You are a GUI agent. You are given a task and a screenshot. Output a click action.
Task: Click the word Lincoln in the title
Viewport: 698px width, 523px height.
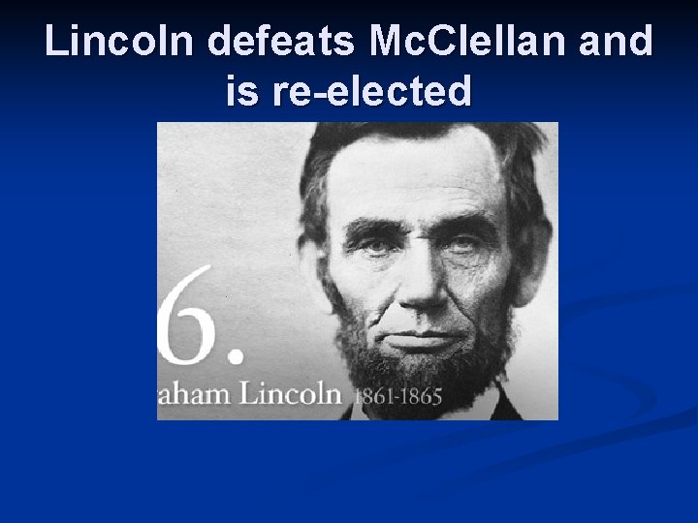(x=119, y=42)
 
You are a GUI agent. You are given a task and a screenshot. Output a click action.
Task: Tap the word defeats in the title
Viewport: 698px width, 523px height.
(x=283, y=42)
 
